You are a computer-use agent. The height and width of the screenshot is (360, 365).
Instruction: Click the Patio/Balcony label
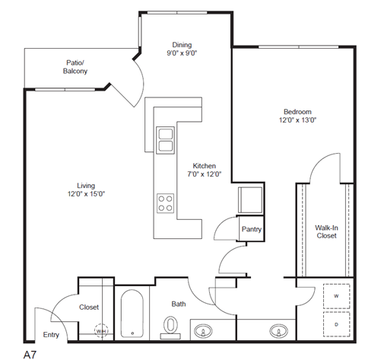pyautogui.click(x=75, y=67)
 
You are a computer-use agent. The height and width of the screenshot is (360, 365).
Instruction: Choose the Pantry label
pyautogui.click(x=252, y=228)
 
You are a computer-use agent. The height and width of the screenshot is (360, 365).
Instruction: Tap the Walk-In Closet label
pyautogui.click(x=327, y=231)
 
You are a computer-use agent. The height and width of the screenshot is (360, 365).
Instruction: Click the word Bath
pyautogui.click(x=178, y=304)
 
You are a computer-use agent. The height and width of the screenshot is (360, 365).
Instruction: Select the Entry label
pyautogui.click(x=51, y=334)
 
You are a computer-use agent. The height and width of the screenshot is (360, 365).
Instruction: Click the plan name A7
pyautogui.click(x=30, y=353)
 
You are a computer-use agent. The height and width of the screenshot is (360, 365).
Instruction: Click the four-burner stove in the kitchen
pyautogui.click(x=165, y=202)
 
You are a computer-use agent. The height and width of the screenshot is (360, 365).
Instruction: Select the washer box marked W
pyautogui.click(x=335, y=296)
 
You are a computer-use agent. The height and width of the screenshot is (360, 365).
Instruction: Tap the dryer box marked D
pyautogui.click(x=335, y=323)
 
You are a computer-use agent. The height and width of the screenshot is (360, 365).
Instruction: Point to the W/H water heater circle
pyautogui.click(x=101, y=330)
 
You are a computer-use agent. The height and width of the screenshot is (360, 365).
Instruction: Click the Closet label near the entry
pyautogui.click(x=89, y=307)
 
